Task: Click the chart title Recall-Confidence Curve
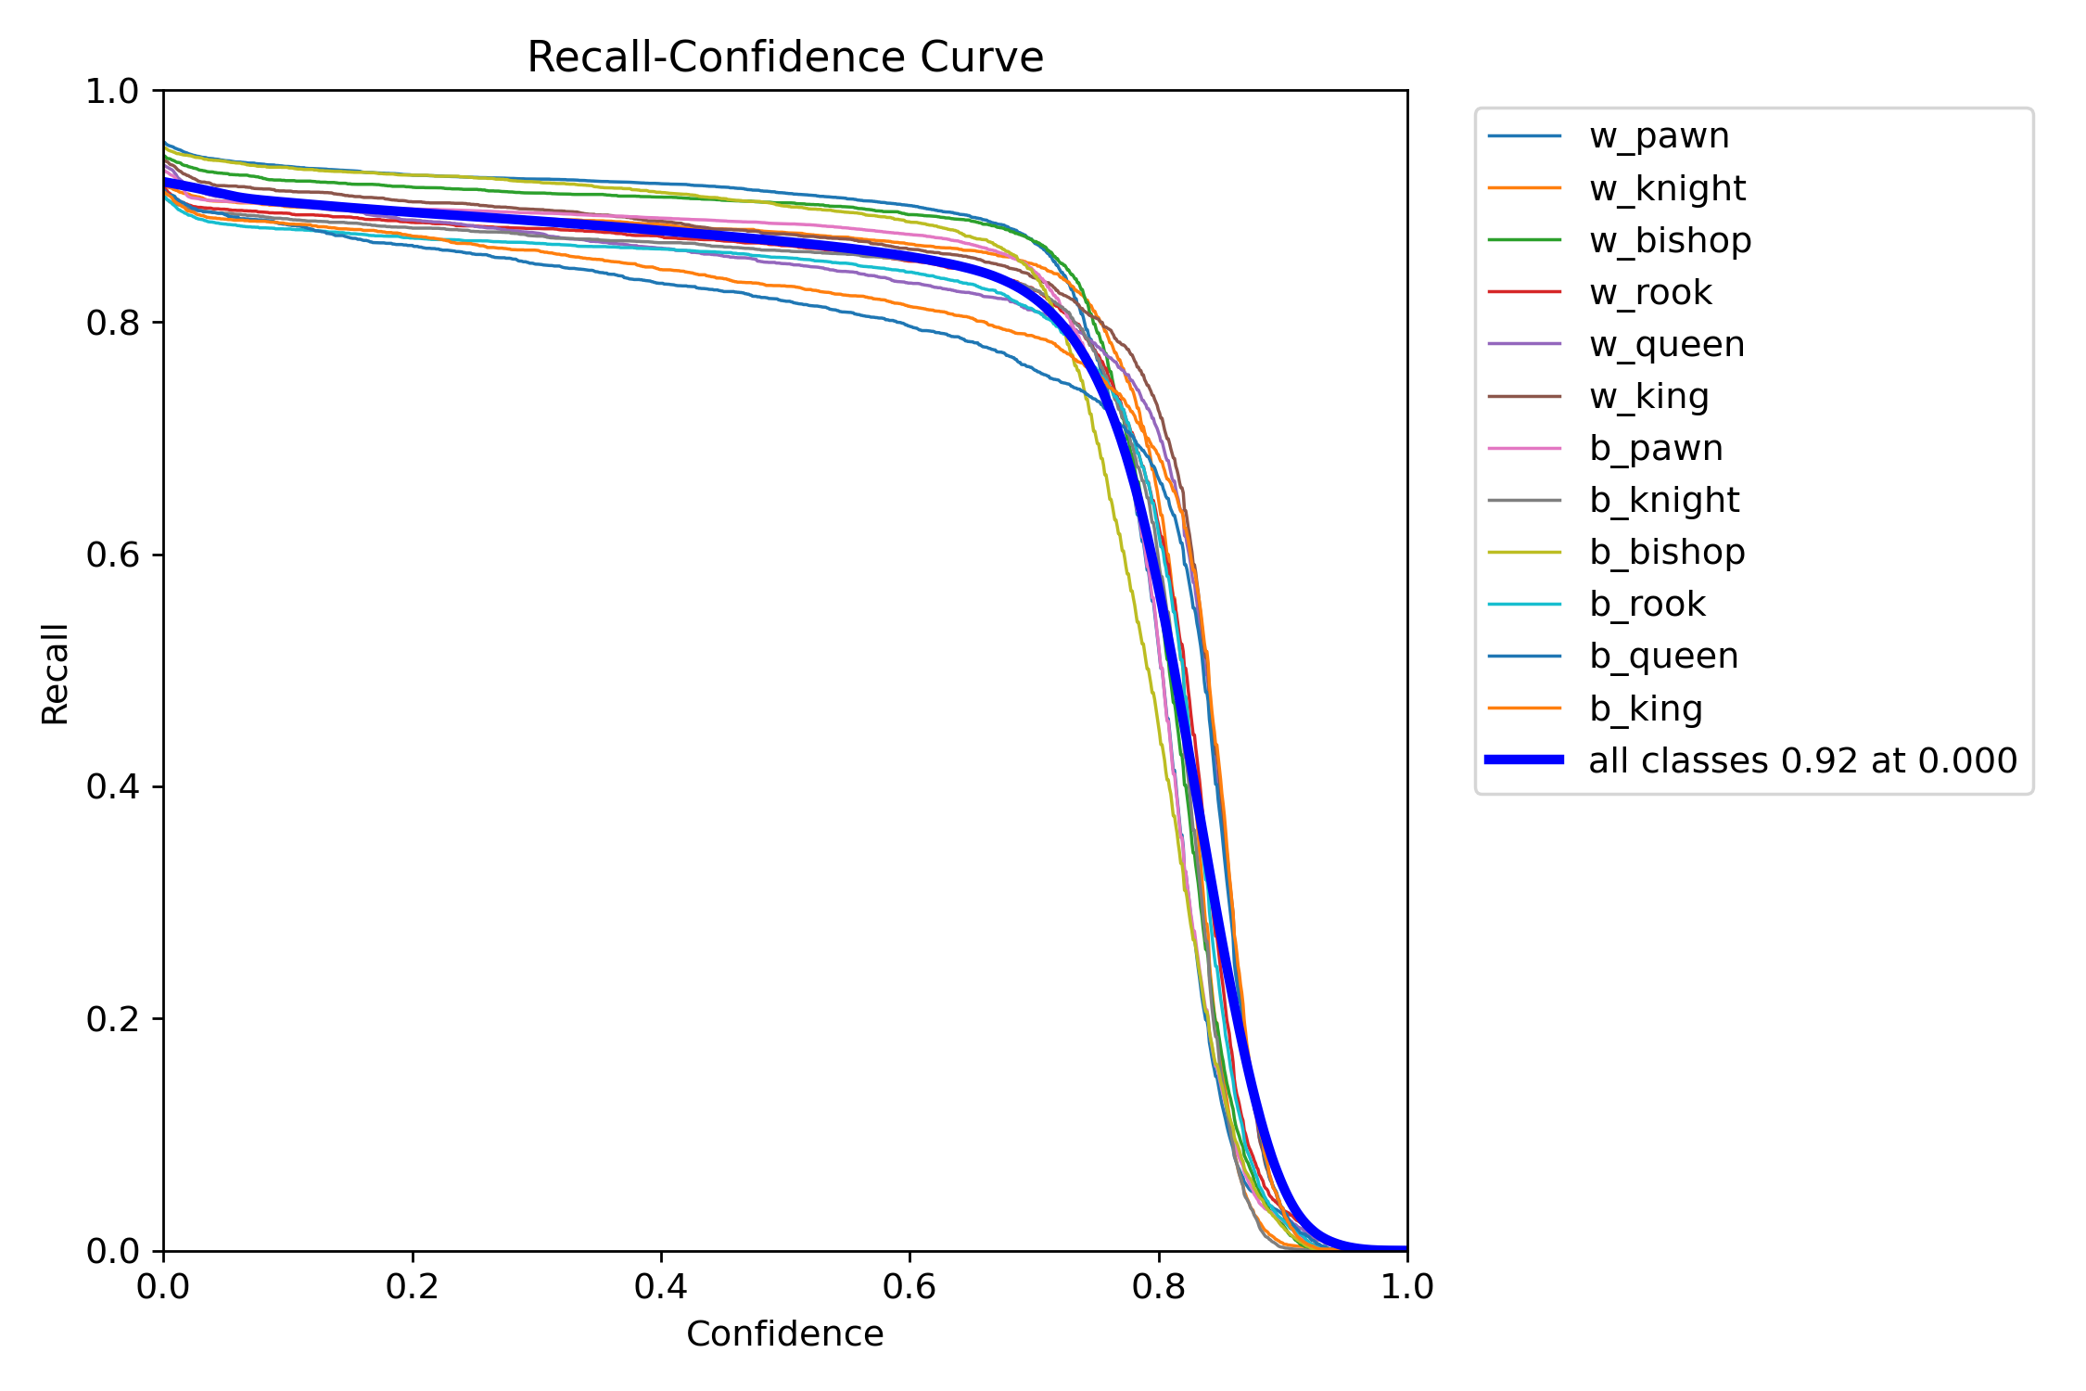tap(784, 57)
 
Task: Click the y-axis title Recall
tap(56, 673)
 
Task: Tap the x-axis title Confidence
tap(784, 1334)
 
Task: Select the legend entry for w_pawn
tap(1659, 136)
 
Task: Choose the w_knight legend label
tap(1667, 188)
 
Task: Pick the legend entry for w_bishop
tap(1670, 240)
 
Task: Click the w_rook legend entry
tap(1650, 292)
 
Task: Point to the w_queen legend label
tap(1667, 344)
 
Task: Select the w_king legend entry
tap(1648, 396)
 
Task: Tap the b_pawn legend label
tap(1656, 448)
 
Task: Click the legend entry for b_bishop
tap(1667, 552)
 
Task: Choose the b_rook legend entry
tap(1647, 604)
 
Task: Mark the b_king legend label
tap(1646, 708)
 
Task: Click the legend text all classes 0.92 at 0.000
tap(1802, 760)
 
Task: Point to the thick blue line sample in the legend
tap(1524, 760)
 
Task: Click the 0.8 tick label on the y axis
tap(111, 323)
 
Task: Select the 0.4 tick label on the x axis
tap(661, 1286)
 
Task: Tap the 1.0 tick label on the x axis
tap(1406, 1286)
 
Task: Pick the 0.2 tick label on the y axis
tap(111, 1019)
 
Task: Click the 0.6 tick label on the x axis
tap(909, 1286)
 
